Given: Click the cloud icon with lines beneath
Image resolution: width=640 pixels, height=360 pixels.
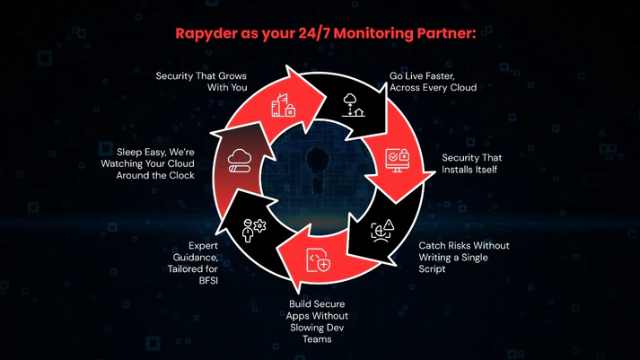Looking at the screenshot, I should pyautogui.click(x=241, y=161).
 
